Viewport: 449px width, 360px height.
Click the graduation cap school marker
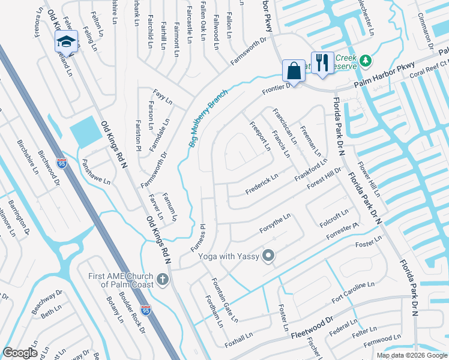tap(67, 41)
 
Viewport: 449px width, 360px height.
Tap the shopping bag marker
tap(294, 70)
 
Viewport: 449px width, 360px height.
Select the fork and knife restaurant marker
tap(322, 62)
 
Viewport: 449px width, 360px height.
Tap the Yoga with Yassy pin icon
tap(268, 256)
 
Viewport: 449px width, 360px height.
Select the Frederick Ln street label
tap(262, 184)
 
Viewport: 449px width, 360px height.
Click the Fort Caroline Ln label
tap(357, 294)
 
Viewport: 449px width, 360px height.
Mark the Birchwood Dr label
tap(46, 165)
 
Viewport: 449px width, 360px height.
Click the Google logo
tap(20, 353)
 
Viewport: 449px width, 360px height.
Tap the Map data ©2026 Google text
tap(411, 355)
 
